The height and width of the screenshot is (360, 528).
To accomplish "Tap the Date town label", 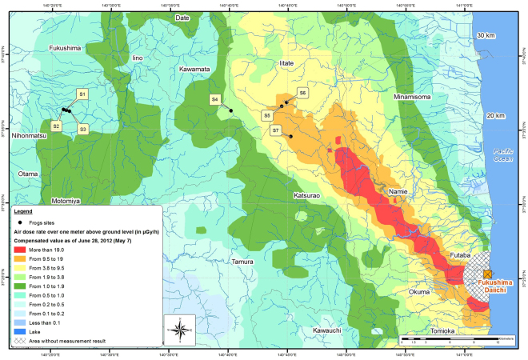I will [x=182, y=39].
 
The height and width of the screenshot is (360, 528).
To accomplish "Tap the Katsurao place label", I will [x=308, y=194].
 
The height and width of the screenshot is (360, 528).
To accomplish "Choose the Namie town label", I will [x=398, y=193].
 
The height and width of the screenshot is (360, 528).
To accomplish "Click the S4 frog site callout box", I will [x=214, y=100].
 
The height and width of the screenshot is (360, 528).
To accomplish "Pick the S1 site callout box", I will [x=82, y=95].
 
